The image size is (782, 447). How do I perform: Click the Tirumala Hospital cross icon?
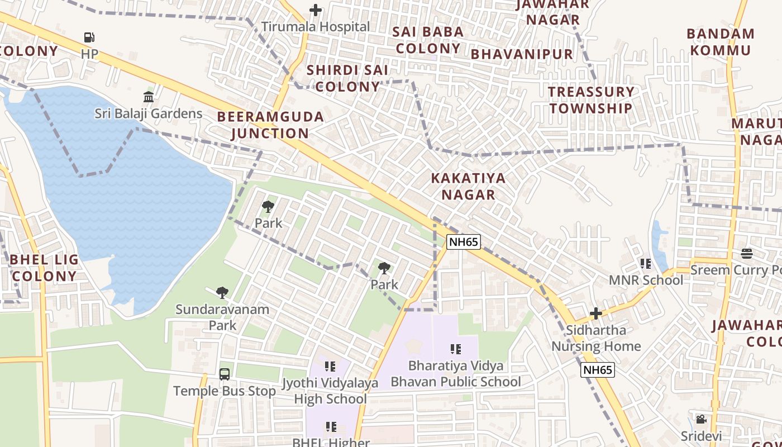pos(316,10)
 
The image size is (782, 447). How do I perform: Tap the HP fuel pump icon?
pos(89,37)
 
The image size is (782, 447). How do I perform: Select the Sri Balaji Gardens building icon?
pos(149,97)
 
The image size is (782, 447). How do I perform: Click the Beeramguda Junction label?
pos(270,125)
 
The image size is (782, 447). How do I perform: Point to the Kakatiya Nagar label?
pos(468,187)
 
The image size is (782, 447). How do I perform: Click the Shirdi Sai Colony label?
pos(347,79)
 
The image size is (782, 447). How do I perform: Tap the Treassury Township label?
pos(591,100)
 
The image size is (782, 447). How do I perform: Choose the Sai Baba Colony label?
pos(428,40)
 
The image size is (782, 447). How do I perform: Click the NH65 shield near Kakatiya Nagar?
pos(463,242)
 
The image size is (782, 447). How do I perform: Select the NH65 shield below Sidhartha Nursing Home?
pos(597,369)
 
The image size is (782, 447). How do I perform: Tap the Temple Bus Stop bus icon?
pos(225,374)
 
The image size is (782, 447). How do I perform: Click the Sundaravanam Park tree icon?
pos(222,292)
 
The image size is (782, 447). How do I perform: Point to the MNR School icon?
pos(646,263)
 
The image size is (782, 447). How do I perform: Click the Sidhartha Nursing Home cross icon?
pos(596,313)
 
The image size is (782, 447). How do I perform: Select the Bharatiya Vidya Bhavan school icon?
pos(456,349)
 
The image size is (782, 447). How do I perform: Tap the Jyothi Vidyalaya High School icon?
pos(330,367)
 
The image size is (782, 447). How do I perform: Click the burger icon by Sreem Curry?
pos(747,254)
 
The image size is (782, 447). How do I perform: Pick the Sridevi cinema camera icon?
pos(701,419)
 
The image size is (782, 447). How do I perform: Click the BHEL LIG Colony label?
pos(44,268)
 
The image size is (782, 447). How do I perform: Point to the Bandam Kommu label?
pos(721,42)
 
